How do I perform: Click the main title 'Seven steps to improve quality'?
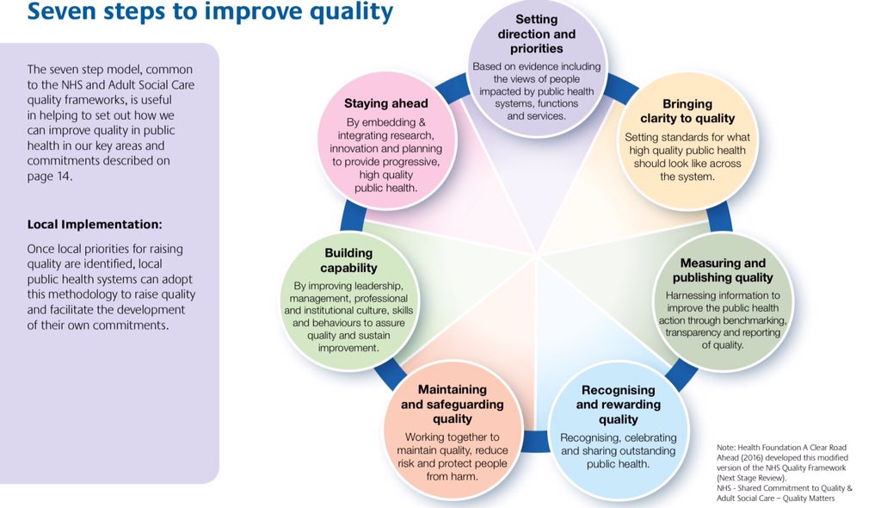click(x=210, y=12)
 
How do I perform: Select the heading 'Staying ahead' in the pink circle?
click(x=385, y=103)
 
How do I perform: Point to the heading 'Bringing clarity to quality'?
click(x=687, y=111)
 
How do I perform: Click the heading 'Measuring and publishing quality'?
click(x=723, y=270)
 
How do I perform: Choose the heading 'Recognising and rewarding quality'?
click(x=618, y=405)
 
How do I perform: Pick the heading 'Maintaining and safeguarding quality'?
click(x=453, y=405)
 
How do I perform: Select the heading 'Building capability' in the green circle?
click(x=348, y=261)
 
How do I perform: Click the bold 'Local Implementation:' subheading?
click(x=95, y=225)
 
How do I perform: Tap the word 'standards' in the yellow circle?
click(x=691, y=137)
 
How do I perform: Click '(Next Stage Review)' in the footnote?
click(x=752, y=479)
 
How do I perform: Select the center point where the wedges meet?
click(x=537, y=256)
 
